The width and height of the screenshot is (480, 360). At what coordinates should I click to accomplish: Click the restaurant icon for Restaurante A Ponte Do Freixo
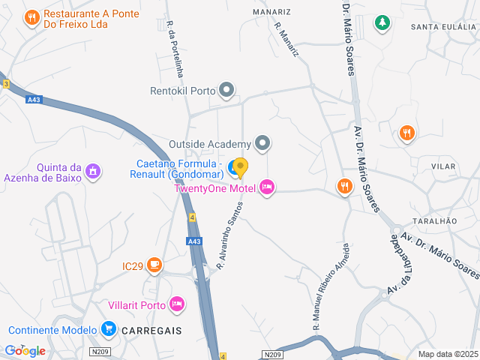click(x=31, y=17)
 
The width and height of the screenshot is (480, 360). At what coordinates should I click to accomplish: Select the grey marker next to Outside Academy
click(x=262, y=142)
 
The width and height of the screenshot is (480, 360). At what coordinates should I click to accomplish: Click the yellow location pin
click(x=240, y=167)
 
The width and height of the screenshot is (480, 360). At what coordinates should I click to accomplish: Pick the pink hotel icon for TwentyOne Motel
click(x=268, y=187)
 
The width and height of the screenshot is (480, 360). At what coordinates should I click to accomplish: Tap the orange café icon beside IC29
click(x=154, y=265)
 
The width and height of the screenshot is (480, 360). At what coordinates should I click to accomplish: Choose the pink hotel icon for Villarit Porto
click(x=177, y=304)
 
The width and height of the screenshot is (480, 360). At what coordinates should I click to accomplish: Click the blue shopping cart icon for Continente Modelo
click(x=109, y=328)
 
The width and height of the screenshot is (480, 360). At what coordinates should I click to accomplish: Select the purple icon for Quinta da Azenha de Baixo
click(x=93, y=171)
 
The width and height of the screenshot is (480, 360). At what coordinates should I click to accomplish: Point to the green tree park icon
click(x=382, y=23)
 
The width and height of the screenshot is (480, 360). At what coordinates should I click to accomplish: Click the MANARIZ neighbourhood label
click(x=271, y=12)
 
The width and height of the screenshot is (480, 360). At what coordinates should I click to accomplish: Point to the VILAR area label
click(x=444, y=165)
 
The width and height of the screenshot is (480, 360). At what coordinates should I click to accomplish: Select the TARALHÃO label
click(x=435, y=221)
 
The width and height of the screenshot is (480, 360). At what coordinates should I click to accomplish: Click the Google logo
click(x=25, y=350)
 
